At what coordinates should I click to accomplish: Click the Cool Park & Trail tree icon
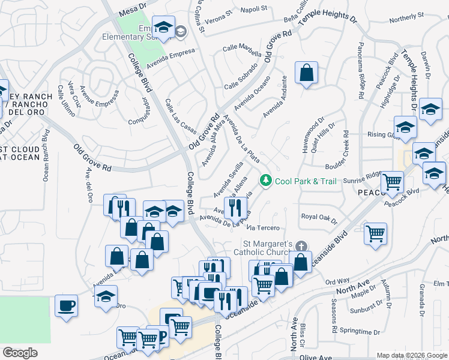(265, 180)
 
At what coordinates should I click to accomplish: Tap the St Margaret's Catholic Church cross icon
(303, 245)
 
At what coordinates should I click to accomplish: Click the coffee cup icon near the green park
(66, 305)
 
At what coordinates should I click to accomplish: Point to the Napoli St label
(255, 9)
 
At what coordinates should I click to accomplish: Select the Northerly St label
(406, 18)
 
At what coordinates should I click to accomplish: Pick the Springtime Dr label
(360, 331)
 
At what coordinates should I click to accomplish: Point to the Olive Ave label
(316, 356)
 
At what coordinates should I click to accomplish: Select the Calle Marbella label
(242, 47)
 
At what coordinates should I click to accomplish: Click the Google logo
(20, 353)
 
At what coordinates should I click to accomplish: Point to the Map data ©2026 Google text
(411, 355)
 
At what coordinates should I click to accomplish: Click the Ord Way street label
(337, 281)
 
